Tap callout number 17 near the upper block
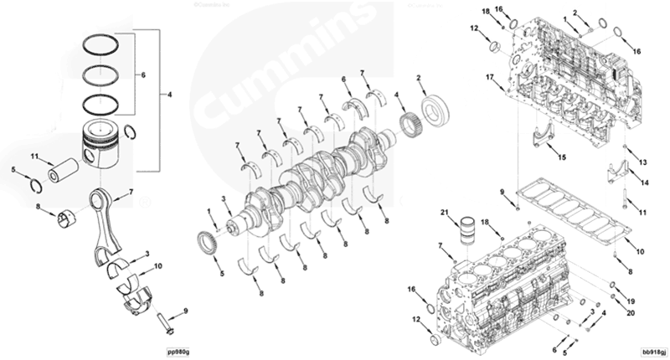click(x=489, y=77)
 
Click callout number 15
click(x=562, y=157)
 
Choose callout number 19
click(x=631, y=300)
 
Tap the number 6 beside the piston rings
click(x=144, y=75)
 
